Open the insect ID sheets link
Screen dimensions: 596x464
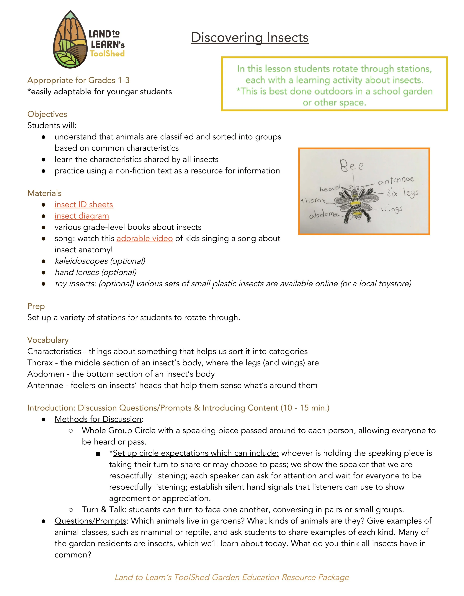click(84, 204)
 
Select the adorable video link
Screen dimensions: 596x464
click(145, 238)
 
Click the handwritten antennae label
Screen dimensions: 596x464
click(396, 180)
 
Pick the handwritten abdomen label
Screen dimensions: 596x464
click(323, 215)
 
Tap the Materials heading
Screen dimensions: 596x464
click(45, 193)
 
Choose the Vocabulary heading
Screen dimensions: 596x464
click(48, 340)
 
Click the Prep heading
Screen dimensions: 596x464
click(36, 306)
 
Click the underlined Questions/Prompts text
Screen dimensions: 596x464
click(90, 521)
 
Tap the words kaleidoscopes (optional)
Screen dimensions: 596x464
click(100, 261)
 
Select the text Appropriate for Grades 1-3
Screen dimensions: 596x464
click(79, 80)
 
